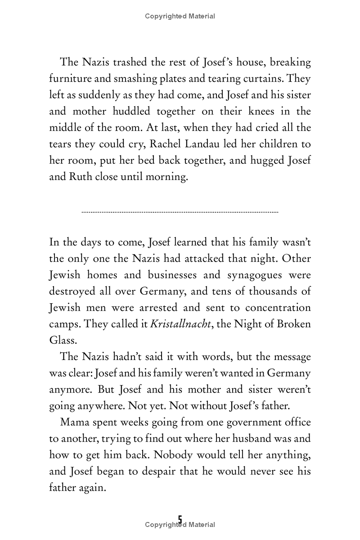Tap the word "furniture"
(70, 79)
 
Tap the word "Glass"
(62, 341)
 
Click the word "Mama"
(74, 423)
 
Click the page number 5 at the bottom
(180, 520)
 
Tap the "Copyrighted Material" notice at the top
(180, 16)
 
